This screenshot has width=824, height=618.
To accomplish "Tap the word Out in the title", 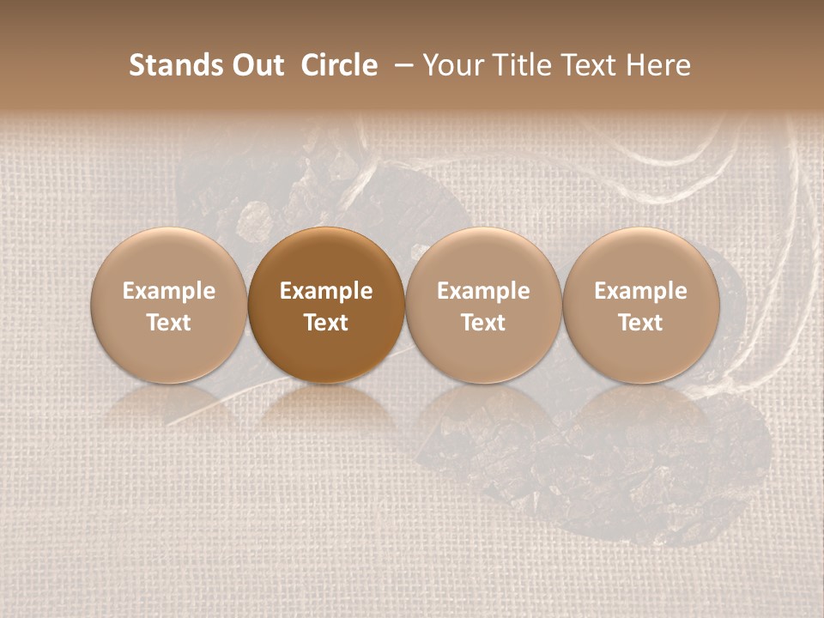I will coord(256,65).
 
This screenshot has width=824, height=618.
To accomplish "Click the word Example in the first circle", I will coord(169,291).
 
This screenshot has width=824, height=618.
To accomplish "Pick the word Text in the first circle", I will coord(169,323).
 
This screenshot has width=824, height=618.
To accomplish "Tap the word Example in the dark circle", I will coord(326,291).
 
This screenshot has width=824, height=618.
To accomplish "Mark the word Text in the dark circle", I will coord(326,323).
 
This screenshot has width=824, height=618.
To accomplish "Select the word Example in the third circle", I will coord(483,291).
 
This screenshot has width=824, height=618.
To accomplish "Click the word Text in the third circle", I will coord(483,323).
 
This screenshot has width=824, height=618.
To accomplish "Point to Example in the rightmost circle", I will coord(641,291).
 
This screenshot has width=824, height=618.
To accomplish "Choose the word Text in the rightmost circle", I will coord(641,323).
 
